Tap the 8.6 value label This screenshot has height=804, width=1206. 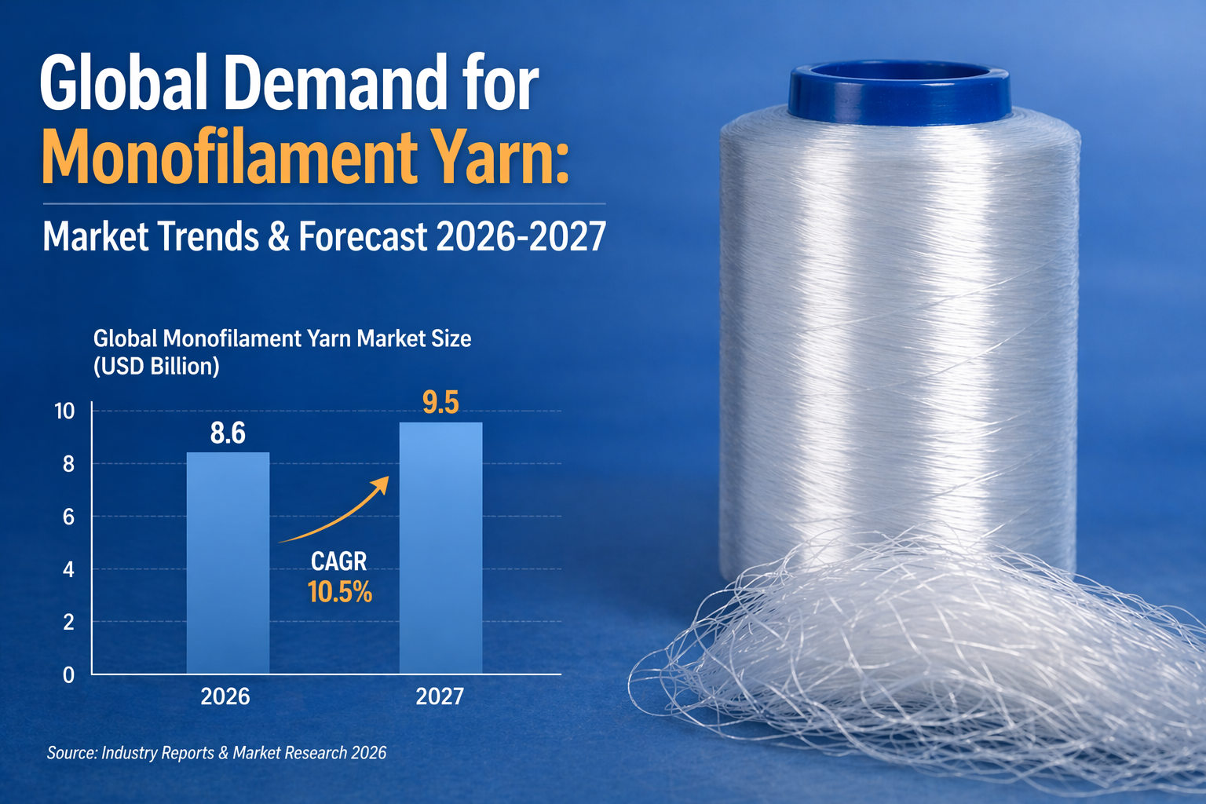[228, 433]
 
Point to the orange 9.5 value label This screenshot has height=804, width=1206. [440, 403]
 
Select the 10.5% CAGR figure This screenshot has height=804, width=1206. [339, 592]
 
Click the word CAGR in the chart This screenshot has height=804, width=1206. [339, 561]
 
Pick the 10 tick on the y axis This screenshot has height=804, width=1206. [64, 411]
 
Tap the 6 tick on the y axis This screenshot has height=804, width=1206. [69, 517]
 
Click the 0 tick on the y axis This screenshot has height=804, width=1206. [69, 675]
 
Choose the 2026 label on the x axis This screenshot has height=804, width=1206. [225, 696]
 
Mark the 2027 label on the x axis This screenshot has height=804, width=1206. [440, 696]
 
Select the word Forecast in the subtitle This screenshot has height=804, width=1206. [363, 236]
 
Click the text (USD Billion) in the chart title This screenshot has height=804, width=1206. [156, 367]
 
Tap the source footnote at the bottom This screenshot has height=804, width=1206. [217, 753]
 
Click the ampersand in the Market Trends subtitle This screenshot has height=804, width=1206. [279, 236]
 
